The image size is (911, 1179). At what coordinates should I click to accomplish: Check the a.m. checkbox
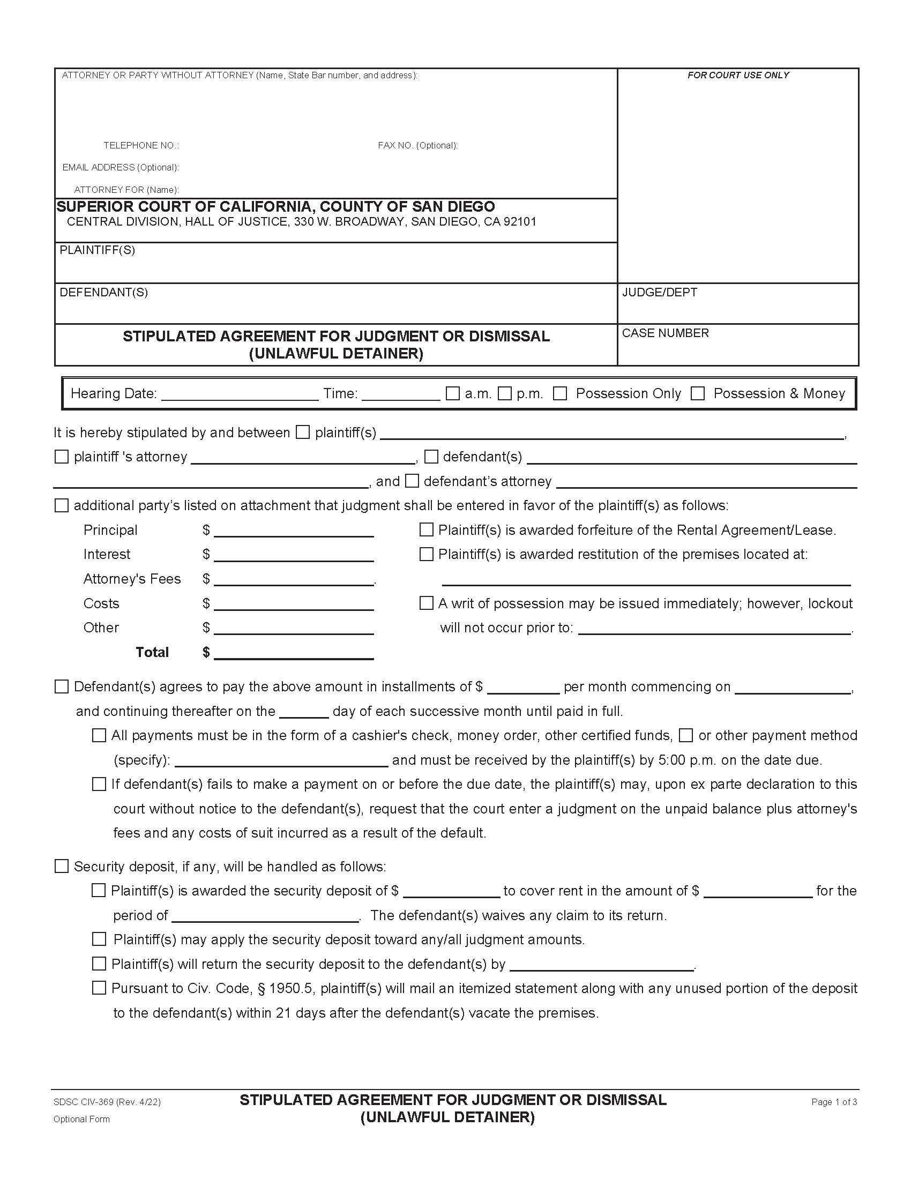click(452, 393)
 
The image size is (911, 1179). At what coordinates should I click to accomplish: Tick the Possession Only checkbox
click(560, 393)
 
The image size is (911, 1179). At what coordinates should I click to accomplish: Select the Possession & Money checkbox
click(698, 393)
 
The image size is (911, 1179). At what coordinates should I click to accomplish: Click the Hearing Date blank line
click(240, 395)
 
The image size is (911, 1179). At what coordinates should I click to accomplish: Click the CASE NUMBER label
click(665, 333)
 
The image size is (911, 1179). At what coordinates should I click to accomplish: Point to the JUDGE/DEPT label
click(660, 292)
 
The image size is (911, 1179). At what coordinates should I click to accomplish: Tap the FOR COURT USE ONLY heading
click(738, 75)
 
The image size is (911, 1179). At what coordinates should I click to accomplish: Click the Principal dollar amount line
click(294, 531)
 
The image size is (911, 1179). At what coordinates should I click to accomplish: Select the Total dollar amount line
click(294, 653)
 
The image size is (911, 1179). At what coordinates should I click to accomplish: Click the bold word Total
click(152, 652)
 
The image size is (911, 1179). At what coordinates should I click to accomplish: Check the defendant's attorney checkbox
click(412, 481)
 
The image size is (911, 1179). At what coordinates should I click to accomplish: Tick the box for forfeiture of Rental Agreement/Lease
click(427, 529)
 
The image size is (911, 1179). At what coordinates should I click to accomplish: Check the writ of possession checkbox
click(427, 603)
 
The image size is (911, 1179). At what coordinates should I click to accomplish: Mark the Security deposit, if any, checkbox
click(62, 867)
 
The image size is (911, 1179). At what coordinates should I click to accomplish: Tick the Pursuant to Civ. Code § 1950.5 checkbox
click(99, 988)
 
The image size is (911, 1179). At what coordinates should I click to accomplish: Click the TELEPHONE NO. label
click(141, 146)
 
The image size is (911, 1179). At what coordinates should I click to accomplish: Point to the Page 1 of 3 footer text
click(834, 1102)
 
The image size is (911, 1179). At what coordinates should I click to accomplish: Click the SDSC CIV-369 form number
click(107, 1102)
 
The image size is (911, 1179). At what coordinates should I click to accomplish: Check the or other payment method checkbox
click(685, 735)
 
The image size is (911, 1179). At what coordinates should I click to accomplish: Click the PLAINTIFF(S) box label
click(97, 250)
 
